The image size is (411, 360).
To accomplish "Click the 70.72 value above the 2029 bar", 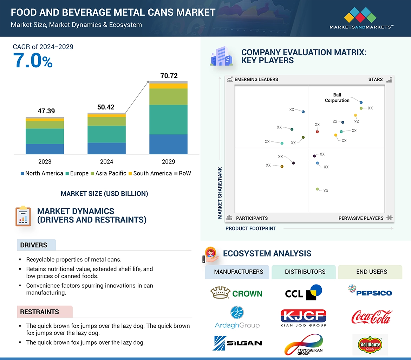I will (169, 76).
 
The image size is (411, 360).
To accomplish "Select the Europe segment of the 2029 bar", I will (168, 120).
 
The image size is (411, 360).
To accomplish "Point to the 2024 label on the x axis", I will (106, 162).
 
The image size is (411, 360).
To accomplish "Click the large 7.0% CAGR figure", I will (33, 60).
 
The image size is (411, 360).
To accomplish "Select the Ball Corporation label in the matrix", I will (337, 98).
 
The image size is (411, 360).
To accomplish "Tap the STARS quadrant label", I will (375, 79).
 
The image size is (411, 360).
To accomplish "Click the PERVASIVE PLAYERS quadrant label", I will (361, 218).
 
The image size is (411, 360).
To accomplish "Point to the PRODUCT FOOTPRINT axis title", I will (251, 228).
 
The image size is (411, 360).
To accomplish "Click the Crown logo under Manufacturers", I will (236, 293).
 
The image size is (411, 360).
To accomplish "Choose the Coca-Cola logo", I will (371, 317).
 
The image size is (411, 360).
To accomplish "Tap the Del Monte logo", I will (370, 345).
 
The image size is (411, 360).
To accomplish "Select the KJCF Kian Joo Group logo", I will (303, 318).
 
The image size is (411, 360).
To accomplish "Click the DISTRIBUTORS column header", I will (305, 272).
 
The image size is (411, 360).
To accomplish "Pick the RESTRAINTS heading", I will (39, 312).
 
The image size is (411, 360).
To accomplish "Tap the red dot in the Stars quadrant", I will (317, 132).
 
